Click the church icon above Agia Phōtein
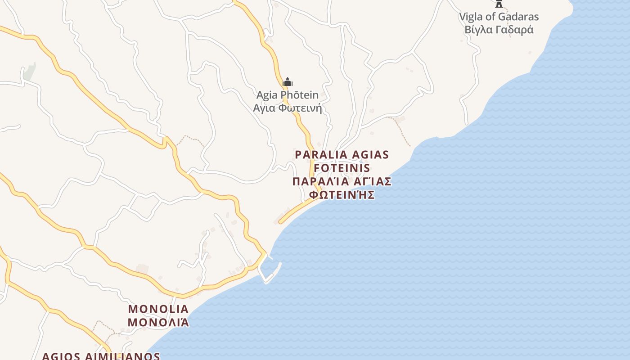pyautogui.click(x=288, y=82)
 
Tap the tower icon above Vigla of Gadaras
pyautogui.click(x=499, y=4)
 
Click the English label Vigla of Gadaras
pyautogui.click(x=499, y=17)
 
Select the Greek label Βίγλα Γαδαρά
pyautogui.click(x=499, y=30)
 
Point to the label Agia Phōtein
pyautogui.click(x=288, y=95)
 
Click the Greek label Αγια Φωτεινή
pyautogui.click(x=288, y=108)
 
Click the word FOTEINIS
pyautogui.click(x=342, y=168)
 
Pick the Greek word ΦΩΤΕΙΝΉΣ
pyautogui.click(x=342, y=195)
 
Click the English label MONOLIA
pyautogui.click(x=158, y=309)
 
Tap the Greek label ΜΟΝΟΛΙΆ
pyautogui.click(x=158, y=323)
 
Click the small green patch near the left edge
pyautogui.click(x=29, y=72)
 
